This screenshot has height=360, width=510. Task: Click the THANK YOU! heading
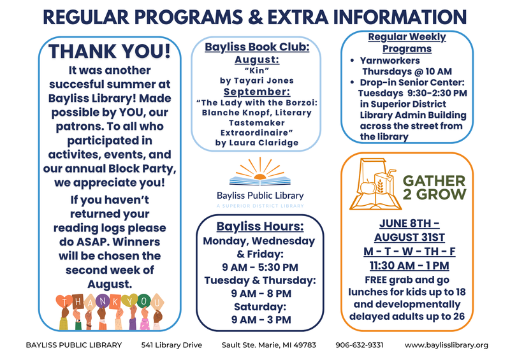click(x=110, y=52)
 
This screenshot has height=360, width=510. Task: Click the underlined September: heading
click(x=257, y=91)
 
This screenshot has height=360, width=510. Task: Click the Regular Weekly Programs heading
click(x=407, y=43)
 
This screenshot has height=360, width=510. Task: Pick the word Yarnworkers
click(x=390, y=61)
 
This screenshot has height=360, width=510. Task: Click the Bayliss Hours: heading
click(x=260, y=226)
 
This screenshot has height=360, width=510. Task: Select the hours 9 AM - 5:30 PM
click(x=260, y=267)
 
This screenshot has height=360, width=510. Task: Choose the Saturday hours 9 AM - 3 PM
click(x=261, y=319)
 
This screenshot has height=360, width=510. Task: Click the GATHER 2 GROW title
click(x=434, y=187)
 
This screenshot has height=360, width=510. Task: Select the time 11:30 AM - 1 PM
click(x=409, y=265)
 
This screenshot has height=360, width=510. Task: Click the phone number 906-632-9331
click(x=360, y=345)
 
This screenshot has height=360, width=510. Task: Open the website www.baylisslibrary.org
click(x=446, y=345)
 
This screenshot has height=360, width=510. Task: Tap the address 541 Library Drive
click(x=171, y=345)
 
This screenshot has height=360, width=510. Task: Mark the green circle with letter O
click(x=143, y=301)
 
